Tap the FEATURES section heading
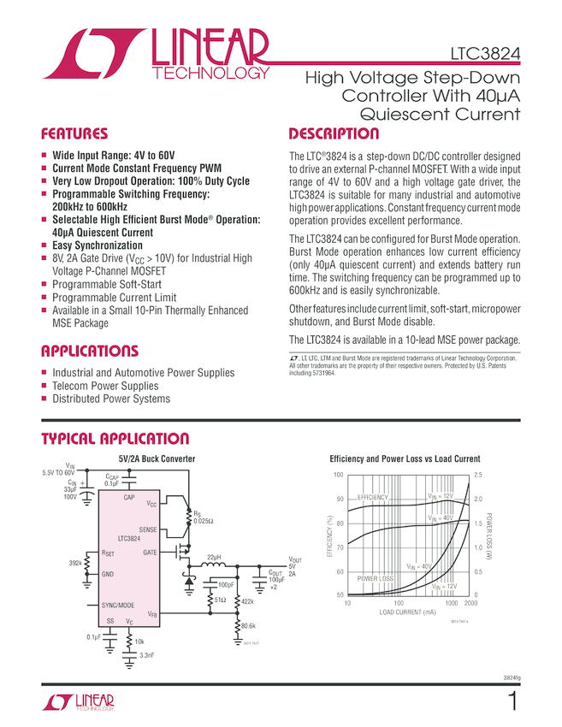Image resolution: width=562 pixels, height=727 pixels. (75, 134)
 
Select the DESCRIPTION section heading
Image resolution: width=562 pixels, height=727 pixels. (334, 134)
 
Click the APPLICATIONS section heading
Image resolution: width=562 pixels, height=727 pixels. (90, 352)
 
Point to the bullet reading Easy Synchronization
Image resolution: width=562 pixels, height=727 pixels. (98, 245)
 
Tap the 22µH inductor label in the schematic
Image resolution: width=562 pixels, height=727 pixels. (214, 558)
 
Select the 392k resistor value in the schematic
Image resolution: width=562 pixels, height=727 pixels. (75, 563)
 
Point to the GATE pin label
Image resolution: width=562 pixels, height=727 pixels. (150, 552)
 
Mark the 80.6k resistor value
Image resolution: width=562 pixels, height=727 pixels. (249, 627)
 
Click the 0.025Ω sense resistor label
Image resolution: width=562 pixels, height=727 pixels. (204, 521)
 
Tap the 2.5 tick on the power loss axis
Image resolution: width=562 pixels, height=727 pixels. (477, 475)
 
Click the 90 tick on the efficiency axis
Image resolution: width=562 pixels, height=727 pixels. (339, 499)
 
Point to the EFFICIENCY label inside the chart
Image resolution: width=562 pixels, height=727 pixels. (373, 498)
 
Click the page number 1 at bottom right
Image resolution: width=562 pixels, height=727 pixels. (512, 703)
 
